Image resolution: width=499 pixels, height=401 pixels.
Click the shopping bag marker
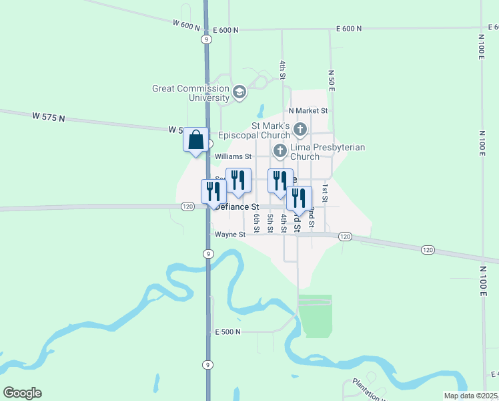click(196, 140)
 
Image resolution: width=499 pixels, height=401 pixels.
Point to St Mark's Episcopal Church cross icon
click(300, 129)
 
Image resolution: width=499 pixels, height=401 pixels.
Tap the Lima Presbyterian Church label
click(328, 152)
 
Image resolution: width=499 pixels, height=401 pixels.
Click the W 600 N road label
click(186, 25)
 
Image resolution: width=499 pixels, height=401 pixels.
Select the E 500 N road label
click(227, 331)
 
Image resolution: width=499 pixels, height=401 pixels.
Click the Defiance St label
click(237, 207)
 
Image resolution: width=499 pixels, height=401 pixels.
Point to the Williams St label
click(232, 157)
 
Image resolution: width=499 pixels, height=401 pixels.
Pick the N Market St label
click(308, 111)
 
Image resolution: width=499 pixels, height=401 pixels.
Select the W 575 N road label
click(49, 116)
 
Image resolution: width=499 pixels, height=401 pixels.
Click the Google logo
click(22, 393)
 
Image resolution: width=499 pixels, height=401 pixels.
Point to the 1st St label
click(325, 194)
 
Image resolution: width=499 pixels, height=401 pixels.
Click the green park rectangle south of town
click(315, 315)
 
